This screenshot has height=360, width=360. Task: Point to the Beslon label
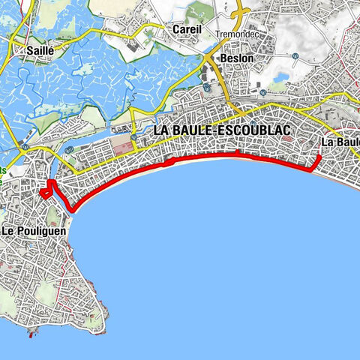coord(236,58)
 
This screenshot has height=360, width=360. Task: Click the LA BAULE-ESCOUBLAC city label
coord(221,130)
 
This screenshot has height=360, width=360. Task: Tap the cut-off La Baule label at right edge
coord(340,142)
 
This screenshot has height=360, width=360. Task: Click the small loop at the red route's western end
coord(46,191)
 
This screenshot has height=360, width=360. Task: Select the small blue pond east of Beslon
coord(283,76)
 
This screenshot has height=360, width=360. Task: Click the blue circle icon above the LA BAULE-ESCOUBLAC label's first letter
coord(133,137)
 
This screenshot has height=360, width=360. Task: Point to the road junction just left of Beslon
coord(211,59)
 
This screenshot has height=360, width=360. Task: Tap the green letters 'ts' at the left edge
coord(2,171)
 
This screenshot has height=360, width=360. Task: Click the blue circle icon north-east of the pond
coord(295,55)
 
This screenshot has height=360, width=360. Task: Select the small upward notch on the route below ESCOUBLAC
coord(237,153)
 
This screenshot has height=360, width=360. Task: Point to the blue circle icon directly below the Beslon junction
coord(206,88)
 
